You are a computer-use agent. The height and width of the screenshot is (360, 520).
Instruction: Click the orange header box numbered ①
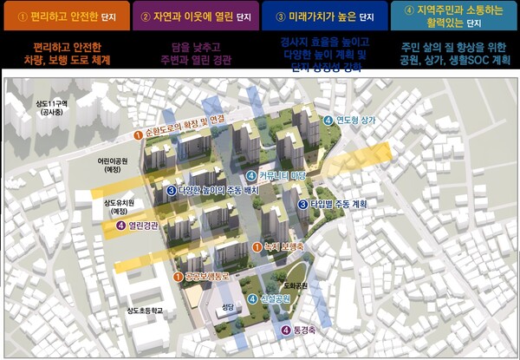coord(65,16)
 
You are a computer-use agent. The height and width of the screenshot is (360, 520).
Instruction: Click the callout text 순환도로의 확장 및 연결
coord(187,136)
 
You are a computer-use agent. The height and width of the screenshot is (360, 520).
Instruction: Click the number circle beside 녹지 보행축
coord(256,247)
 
